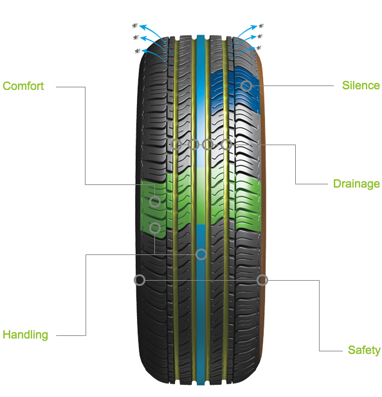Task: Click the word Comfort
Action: coord(23,86)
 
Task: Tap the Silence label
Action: coord(361,85)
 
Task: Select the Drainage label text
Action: coord(356,184)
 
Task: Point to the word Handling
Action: coord(25,335)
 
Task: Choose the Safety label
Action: coord(364,350)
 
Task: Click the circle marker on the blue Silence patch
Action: coord(246,86)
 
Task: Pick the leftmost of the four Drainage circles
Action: coord(176,145)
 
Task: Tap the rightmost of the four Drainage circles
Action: coord(226,145)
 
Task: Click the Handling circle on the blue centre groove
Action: coord(201,254)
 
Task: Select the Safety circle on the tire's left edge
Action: coord(140,280)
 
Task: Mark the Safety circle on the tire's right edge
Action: coord(262,280)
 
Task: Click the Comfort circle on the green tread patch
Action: coord(155,202)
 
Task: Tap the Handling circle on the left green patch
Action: coord(155,228)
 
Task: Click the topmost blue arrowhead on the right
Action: coord(254,27)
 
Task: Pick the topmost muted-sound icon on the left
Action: coord(135,26)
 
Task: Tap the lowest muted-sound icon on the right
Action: coord(259,48)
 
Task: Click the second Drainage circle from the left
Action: coord(193,145)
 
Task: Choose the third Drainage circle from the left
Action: coord(208,145)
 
